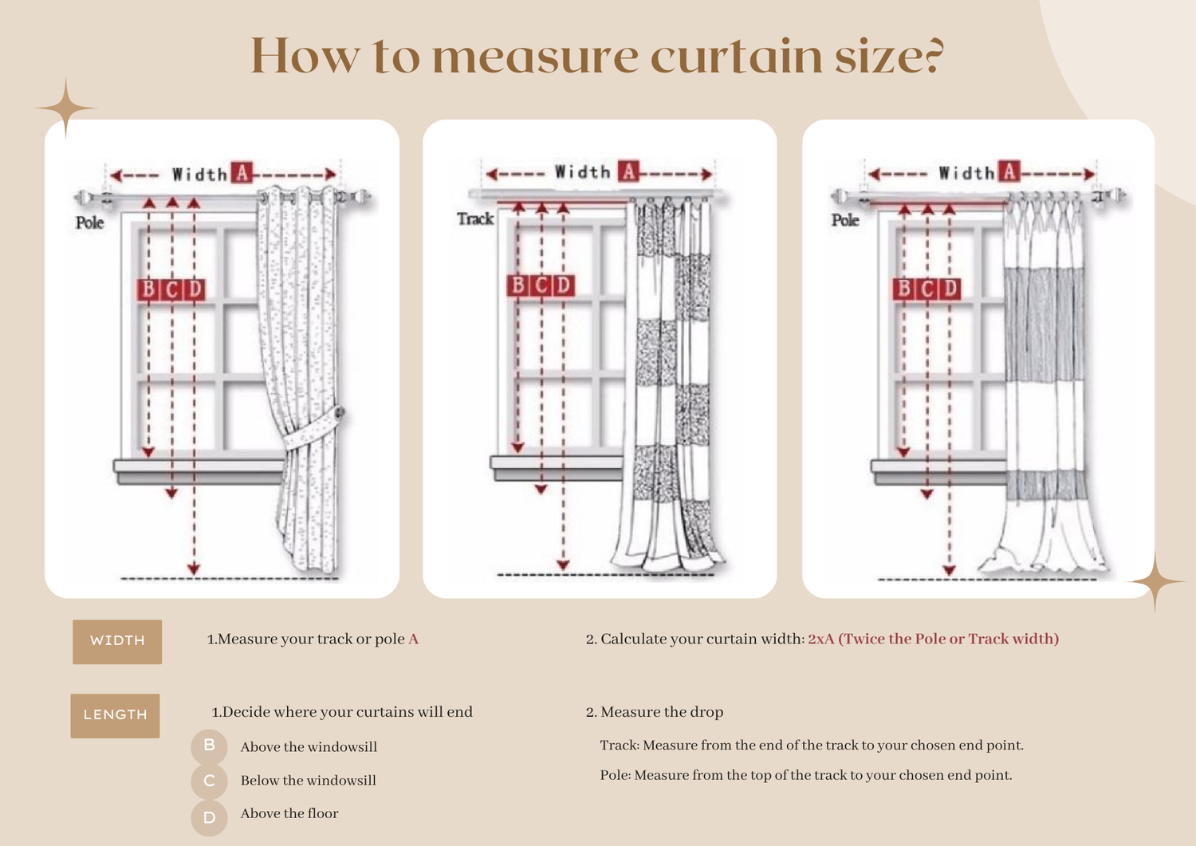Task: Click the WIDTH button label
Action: pyautogui.click(x=117, y=641)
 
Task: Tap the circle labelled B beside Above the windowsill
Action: pyautogui.click(x=209, y=746)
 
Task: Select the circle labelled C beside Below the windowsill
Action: pyautogui.click(x=209, y=781)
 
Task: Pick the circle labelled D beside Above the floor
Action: pyautogui.click(x=209, y=817)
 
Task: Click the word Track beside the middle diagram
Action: pyautogui.click(x=475, y=219)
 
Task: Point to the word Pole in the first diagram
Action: pyautogui.click(x=89, y=222)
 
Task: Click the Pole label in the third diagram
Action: pyautogui.click(x=845, y=220)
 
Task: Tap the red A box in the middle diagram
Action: pyautogui.click(x=629, y=171)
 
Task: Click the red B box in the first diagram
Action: pyautogui.click(x=148, y=289)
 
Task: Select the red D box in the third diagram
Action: pyautogui.click(x=950, y=289)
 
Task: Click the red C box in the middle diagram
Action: pyautogui.click(x=541, y=285)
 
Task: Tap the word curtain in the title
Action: pyautogui.click(x=737, y=57)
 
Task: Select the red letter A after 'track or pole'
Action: pyautogui.click(x=413, y=639)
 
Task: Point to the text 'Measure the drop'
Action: pyautogui.click(x=662, y=713)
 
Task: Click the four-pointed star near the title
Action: pyautogui.click(x=65, y=108)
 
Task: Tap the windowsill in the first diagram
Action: pyautogui.click(x=199, y=472)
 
